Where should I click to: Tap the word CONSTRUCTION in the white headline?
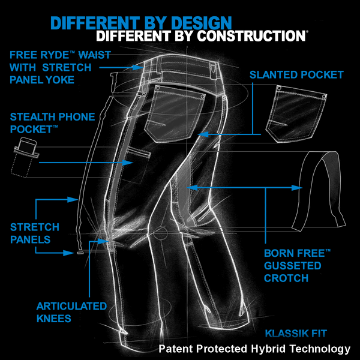(251, 36)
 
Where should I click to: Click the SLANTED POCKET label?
(296, 75)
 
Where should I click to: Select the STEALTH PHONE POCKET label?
(52, 123)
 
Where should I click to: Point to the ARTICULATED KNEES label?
(71, 313)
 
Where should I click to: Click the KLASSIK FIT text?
(296, 334)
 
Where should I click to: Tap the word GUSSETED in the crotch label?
(293, 266)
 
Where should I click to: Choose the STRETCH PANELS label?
(35, 233)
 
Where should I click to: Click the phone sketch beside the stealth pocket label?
(25, 157)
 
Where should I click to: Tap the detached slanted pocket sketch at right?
(296, 114)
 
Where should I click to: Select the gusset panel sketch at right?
(319, 191)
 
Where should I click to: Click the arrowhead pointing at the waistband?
(138, 67)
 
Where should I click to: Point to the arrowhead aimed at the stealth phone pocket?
(128, 163)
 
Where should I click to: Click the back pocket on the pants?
(175, 113)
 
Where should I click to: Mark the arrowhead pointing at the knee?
(103, 241)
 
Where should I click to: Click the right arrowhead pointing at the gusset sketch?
(297, 188)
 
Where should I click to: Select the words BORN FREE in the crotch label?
(294, 253)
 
